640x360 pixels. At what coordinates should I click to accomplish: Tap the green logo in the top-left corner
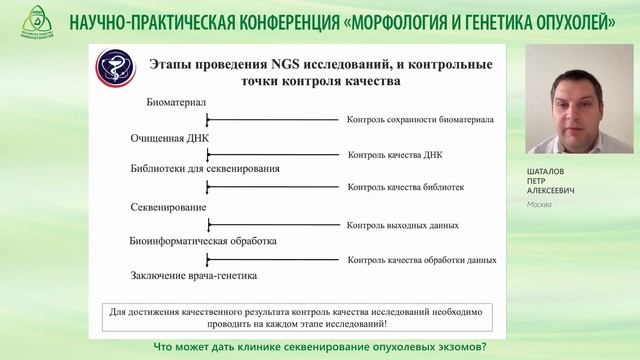(x=22, y=21)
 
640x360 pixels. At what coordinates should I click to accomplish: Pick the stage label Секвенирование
(x=169, y=207)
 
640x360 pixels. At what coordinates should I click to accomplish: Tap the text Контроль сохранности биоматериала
(x=420, y=119)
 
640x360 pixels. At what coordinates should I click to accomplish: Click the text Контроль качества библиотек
(x=405, y=187)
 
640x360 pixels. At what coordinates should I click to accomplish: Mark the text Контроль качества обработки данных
(x=421, y=259)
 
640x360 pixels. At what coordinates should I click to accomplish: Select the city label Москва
(x=539, y=204)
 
